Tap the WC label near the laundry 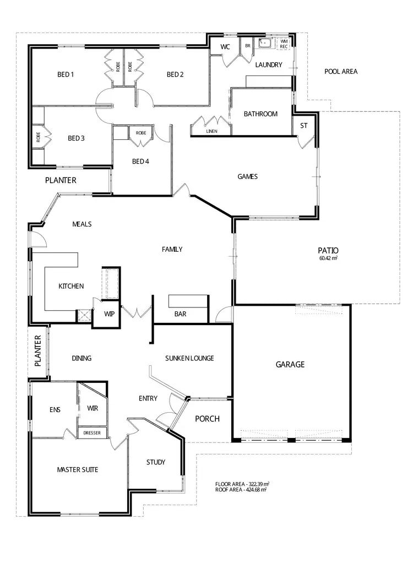coord(225,47)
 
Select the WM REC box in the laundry coord(284,44)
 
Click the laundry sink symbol coord(265,42)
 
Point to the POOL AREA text coord(341,72)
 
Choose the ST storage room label coord(303,126)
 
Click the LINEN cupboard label coord(211,132)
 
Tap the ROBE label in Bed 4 coord(141,133)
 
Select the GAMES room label coord(247,177)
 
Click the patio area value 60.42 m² coord(328,258)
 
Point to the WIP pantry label coord(109,315)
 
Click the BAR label coord(180,314)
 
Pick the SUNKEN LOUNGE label coord(189,358)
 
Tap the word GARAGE coord(290,364)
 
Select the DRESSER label coord(92,433)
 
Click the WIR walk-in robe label coord(92,408)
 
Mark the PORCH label coord(207,419)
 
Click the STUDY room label coord(156,462)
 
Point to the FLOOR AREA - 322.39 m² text coord(242,484)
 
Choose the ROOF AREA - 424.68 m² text coord(241,489)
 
